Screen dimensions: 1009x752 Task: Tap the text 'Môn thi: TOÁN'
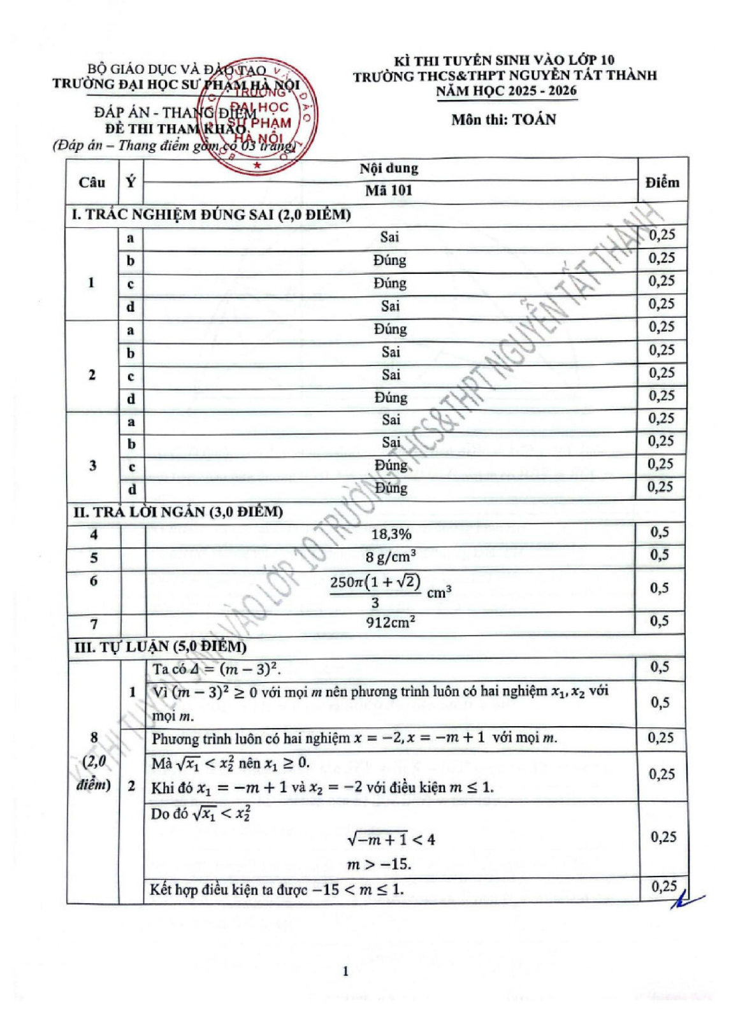(x=503, y=120)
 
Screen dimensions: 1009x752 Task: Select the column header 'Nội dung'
(x=389, y=169)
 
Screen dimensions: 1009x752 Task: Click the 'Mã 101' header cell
(x=389, y=190)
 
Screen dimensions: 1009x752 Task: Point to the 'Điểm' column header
(x=662, y=183)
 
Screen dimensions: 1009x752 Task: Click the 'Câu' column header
(x=92, y=183)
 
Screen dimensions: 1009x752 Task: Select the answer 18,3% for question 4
(x=391, y=534)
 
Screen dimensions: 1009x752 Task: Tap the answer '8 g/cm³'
(x=391, y=557)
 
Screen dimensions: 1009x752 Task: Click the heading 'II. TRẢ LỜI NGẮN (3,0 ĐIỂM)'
(x=178, y=512)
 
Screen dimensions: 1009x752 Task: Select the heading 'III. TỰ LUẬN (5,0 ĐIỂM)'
(x=160, y=647)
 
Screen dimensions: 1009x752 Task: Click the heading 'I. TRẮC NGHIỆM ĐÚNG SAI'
(x=211, y=215)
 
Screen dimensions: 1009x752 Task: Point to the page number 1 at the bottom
(x=345, y=971)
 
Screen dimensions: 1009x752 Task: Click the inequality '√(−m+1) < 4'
(x=391, y=840)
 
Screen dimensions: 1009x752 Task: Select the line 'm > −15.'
(x=379, y=864)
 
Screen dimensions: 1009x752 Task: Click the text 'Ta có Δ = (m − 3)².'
(x=217, y=669)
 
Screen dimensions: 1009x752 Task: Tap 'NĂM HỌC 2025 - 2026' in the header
(x=506, y=90)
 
